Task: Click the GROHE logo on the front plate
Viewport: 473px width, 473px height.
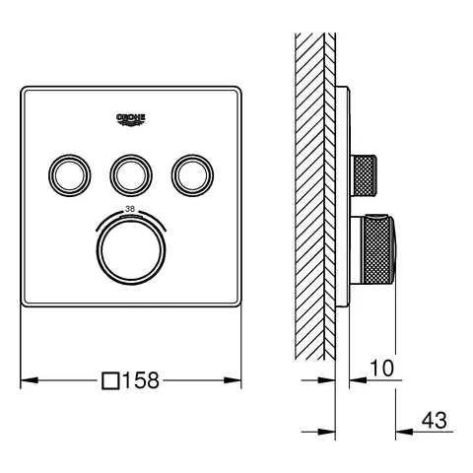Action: (131, 119)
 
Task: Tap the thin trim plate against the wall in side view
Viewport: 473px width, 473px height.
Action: (342, 197)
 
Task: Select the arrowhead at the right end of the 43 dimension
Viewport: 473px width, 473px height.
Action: (401, 431)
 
